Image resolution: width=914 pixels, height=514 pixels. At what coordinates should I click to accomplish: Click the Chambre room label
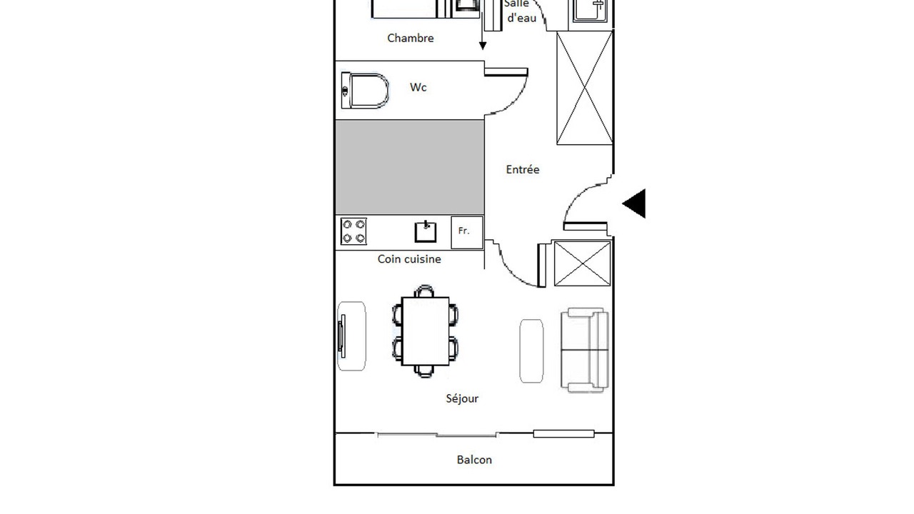pos(410,38)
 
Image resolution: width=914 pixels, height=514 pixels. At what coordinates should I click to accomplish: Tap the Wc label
pos(418,87)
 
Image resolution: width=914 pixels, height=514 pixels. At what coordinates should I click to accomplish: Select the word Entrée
pos(522,169)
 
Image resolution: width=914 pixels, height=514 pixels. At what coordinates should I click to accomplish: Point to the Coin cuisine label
pos(409,259)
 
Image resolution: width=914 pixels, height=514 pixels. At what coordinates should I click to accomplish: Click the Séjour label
pos(462,398)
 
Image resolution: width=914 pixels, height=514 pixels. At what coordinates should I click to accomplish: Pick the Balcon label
pos(474,460)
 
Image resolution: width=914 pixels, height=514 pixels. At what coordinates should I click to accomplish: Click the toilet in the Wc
pos(365,91)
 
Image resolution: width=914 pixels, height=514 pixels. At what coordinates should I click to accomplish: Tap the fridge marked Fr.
pos(467,232)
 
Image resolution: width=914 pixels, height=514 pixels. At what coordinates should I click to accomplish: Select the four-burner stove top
pos(353,231)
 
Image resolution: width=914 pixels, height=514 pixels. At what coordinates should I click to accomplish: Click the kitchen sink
pos(426,232)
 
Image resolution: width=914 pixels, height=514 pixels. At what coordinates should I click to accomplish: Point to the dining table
pos(425,331)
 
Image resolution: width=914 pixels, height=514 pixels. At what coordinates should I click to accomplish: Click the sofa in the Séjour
pos(585,350)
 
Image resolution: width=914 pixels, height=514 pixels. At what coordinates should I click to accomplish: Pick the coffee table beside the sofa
pos(531,351)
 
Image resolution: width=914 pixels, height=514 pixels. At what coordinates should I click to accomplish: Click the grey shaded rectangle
pos(410,167)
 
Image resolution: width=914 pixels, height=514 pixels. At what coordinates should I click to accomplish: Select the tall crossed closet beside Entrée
pos(585,88)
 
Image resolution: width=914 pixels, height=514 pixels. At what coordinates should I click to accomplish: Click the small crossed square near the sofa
pos(582,263)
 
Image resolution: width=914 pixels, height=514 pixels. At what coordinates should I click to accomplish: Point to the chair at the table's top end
pos(424,291)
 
